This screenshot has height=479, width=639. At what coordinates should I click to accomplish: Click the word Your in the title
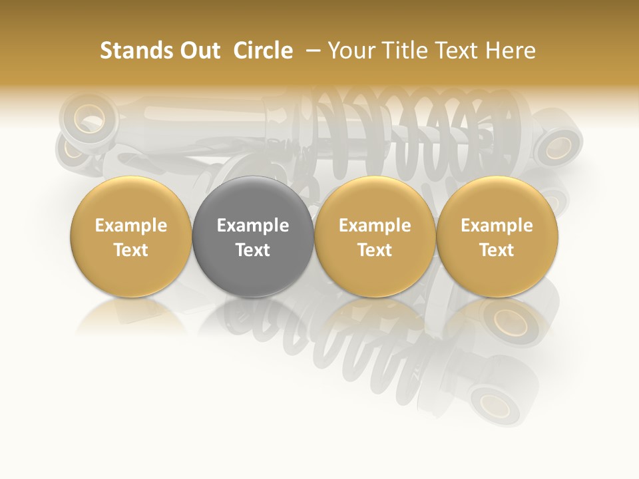pos(350,51)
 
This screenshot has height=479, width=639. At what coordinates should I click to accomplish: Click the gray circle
pos(253,237)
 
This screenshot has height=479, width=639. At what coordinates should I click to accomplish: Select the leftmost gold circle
pos(131,237)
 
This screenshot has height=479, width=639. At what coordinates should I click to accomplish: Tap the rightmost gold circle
pos(497,237)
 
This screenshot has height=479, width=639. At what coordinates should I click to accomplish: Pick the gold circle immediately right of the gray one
pos(375,237)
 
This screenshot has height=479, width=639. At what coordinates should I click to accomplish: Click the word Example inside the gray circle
pos(253,226)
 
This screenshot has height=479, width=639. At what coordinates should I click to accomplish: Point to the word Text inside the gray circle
pos(253,250)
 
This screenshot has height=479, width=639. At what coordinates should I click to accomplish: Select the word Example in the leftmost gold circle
pos(131,226)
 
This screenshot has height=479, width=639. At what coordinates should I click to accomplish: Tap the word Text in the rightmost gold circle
pos(497,250)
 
